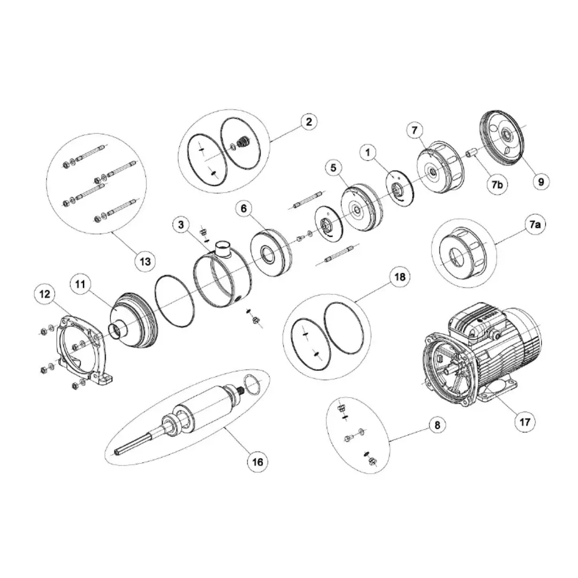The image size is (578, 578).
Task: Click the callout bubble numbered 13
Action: pos(145,261)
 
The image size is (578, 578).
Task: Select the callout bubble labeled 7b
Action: pos(497,184)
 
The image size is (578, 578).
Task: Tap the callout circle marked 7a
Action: pos(535,224)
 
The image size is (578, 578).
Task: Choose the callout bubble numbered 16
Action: pos(257,462)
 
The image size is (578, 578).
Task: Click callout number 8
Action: pos(437,425)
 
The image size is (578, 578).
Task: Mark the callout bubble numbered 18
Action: pos(400,277)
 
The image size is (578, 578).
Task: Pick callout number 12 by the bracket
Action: pos(44,294)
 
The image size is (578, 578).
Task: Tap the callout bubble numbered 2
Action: pos(309,121)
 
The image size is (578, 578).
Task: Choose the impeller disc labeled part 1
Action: pos(400,188)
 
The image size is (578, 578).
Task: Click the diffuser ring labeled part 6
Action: pos(271,253)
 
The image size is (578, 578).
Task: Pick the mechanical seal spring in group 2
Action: pos(243,142)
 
